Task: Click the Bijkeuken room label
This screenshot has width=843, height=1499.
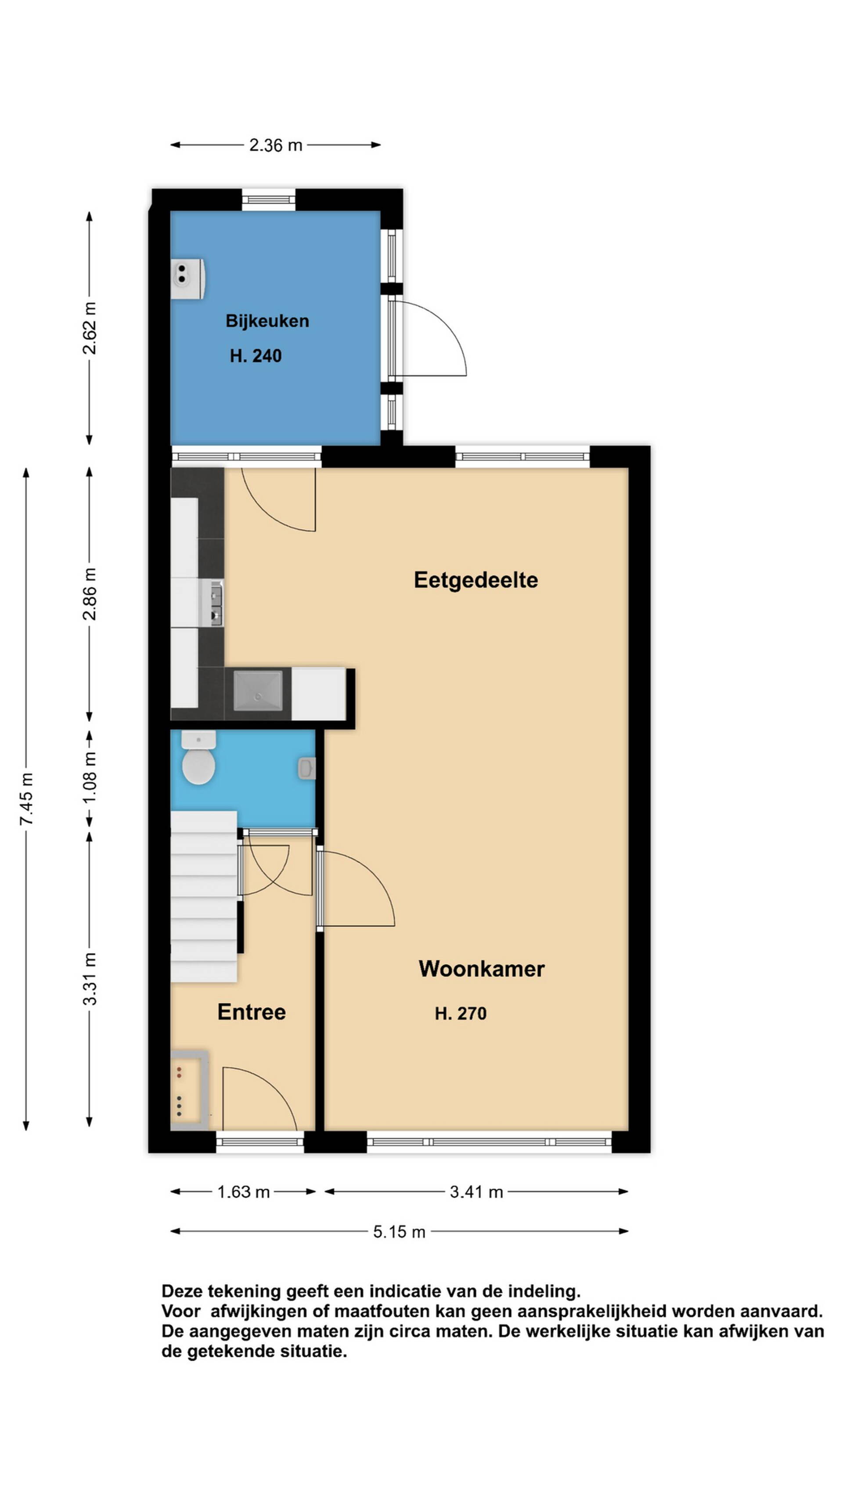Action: pyautogui.click(x=267, y=321)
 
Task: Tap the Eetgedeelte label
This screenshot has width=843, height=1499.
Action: pyautogui.click(x=476, y=580)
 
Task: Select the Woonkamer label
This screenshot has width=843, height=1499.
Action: pyautogui.click(x=481, y=968)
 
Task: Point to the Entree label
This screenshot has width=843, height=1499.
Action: pyautogui.click(x=251, y=1012)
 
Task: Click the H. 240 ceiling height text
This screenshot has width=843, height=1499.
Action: pyautogui.click(x=256, y=356)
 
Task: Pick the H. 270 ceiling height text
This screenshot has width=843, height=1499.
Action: pyautogui.click(x=460, y=1014)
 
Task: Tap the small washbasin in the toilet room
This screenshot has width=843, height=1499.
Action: pyautogui.click(x=306, y=768)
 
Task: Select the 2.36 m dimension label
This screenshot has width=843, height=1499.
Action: pyautogui.click(x=276, y=145)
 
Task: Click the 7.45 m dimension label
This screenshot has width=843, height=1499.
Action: pyautogui.click(x=26, y=799)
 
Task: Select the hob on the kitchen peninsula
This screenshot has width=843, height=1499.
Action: pyautogui.click(x=258, y=691)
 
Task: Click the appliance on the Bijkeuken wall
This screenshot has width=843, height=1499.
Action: pyautogui.click(x=188, y=279)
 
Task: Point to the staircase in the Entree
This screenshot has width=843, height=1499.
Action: pyautogui.click(x=204, y=896)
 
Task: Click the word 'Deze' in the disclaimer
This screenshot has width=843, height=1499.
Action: pyautogui.click(x=182, y=1291)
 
